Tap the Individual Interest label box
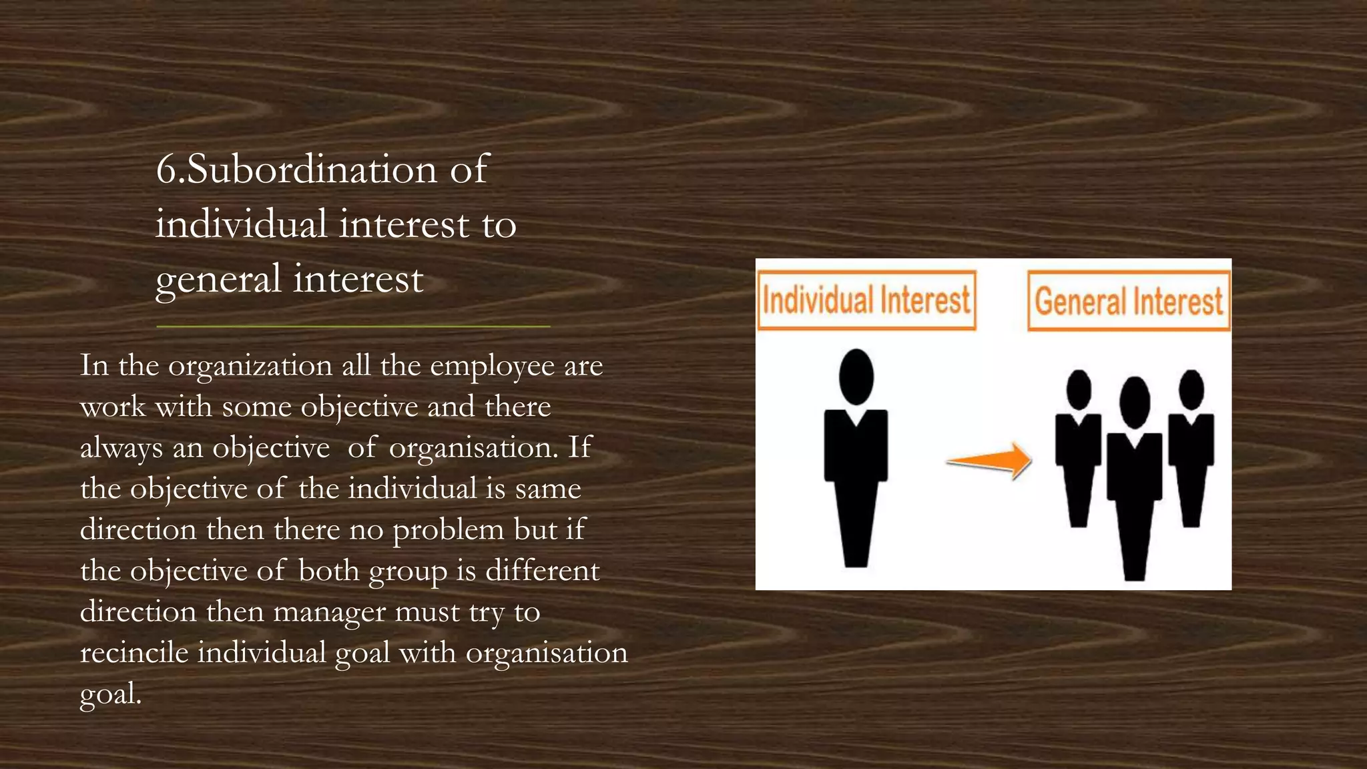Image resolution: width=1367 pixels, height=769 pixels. pyautogui.click(x=866, y=300)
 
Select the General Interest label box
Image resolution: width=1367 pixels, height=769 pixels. pyautogui.click(x=1128, y=300)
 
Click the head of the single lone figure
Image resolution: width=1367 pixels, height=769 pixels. pyautogui.click(x=856, y=376)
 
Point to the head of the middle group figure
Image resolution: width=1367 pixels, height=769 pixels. pyautogui.click(x=1134, y=402)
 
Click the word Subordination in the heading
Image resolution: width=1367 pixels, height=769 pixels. pyautogui.click(x=312, y=169)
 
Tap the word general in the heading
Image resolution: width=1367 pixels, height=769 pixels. pyautogui.click(x=218, y=279)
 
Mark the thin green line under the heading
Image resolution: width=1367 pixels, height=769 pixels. pyautogui.click(x=353, y=326)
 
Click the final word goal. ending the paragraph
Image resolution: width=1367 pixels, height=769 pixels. pyautogui.click(x=110, y=694)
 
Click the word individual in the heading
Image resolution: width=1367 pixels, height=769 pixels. pyautogui.click(x=242, y=224)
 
